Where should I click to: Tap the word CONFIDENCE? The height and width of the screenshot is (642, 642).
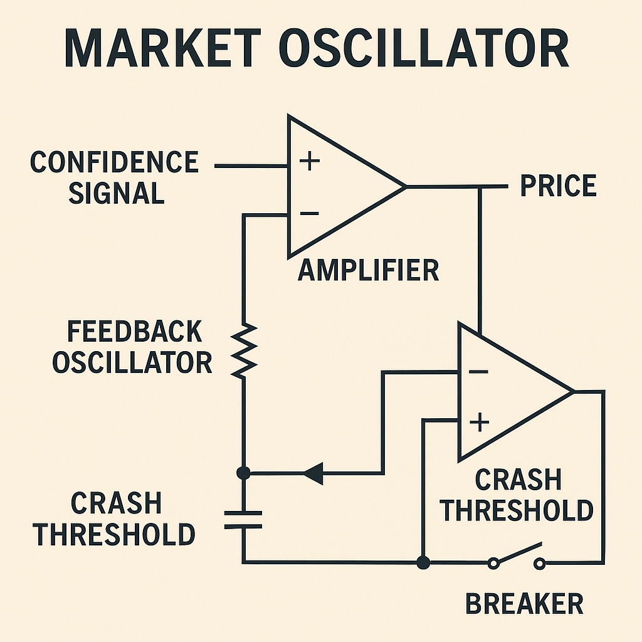(114, 162)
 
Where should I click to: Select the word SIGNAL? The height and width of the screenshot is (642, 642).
(116, 194)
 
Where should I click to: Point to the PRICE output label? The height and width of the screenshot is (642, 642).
(558, 186)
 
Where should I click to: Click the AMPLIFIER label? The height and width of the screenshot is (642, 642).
(368, 270)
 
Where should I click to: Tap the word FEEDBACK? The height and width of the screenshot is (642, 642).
(134, 331)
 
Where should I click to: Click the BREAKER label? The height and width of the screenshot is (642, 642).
(524, 604)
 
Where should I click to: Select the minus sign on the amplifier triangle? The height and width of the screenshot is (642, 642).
(309, 214)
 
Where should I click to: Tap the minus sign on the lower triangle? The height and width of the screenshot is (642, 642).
(478, 372)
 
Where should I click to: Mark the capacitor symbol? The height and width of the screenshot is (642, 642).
(243, 520)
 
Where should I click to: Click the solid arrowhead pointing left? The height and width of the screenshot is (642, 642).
(313, 473)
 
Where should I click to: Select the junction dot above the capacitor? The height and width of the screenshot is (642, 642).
(244, 473)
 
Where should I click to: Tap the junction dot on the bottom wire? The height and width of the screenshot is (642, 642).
(423, 562)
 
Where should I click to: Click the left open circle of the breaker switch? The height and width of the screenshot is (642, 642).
(494, 564)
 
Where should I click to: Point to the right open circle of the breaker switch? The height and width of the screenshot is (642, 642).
(539, 564)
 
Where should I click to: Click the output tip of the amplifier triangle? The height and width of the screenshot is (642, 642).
(404, 186)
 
